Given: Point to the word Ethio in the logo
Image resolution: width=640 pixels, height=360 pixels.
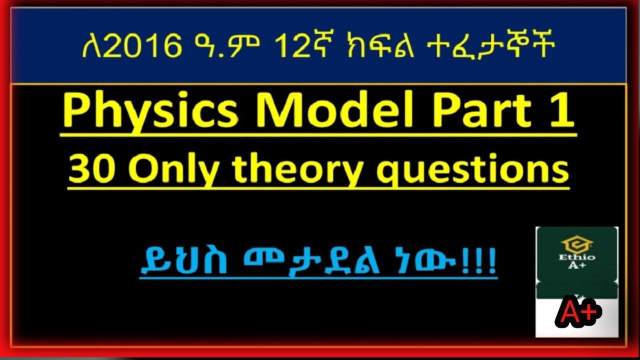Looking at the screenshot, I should tap(577, 257).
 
